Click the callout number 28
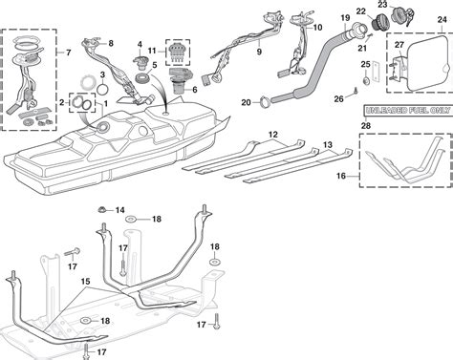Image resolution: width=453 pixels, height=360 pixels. [x=366, y=126]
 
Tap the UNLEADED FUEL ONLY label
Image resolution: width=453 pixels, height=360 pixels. [x=408, y=111]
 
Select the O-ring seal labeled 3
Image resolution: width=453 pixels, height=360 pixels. [x=102, y=89]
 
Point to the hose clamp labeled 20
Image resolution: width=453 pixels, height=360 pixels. [x=265, y=102]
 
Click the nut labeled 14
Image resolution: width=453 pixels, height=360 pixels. [x=102, y=210]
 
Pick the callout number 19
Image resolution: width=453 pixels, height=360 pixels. [x=345, y=17]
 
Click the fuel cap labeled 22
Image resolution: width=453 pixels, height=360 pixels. [x=378, y=22]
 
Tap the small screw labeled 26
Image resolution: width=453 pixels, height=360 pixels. [x=356, y=91]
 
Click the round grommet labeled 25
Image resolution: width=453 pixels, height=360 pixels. [x=366, y=80]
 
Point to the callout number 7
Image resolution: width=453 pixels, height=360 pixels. [x=69, y=53]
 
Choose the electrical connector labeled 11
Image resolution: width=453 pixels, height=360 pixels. [x=178, y=52]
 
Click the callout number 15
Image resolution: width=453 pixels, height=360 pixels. [x=85, y=282]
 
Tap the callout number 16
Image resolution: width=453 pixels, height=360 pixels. [x=341, y=176]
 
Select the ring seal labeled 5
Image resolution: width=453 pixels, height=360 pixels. [x=142, y=78]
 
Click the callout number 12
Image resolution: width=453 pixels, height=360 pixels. [x=273, y=135]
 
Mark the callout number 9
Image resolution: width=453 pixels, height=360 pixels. [x=259, y=52]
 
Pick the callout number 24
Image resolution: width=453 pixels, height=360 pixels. [x=442, y=20]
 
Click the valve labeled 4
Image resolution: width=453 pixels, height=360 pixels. [x=140, y=61]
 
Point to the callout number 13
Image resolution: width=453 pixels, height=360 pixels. [x=328, y=145]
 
